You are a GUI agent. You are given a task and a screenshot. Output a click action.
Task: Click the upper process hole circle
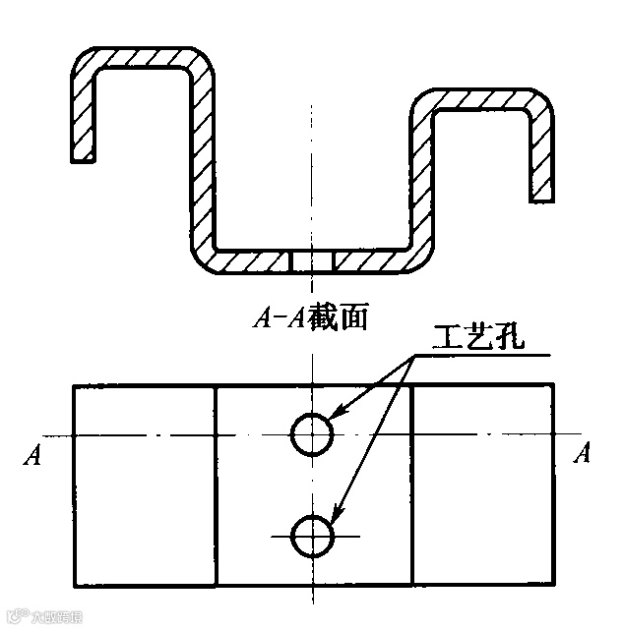tap(312, 433)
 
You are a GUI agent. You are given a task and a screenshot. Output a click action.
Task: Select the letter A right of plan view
tap(583, 453)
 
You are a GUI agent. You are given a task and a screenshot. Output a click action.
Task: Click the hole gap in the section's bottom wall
tap(312, 261)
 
